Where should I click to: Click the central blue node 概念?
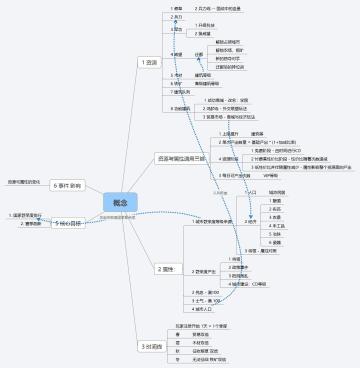120,203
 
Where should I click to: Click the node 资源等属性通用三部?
180,158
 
